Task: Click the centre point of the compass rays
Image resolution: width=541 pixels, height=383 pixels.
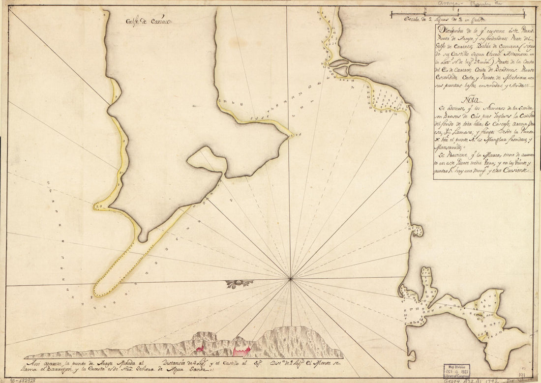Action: pos(291,279)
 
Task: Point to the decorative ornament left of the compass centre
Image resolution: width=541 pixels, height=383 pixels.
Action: pos(240,284)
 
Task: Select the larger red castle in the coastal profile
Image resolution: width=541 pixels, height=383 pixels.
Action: pos(242,350)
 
